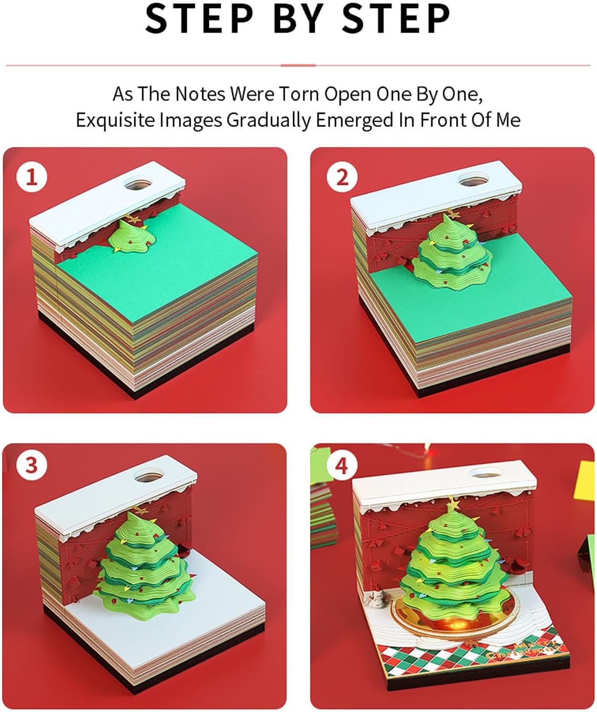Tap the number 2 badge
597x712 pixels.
pyautogui.click(x=342, y=177)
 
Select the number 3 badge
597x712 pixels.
pyautogui.click(x=32, y=465)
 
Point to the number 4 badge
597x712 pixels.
pyautogui.click(x=342, y=465)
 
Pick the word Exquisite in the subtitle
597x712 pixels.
pyautogui.click(x=115, y=120)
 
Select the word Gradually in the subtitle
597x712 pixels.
pyautogui.click(x=269, y=120)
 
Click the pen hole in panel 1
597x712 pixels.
pyautogui.click(x=138, y=184)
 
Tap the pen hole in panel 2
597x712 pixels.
pyautogui.click(x=473, y=180)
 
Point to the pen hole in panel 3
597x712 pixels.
pyautogui.click(x=148, y=476)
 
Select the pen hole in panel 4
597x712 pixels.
pyautogui.click(x=486, y=473)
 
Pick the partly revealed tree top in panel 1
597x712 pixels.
pyautogui.click(x=131, y=236)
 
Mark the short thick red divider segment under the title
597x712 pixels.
pyautogui.click(x=298, y=65)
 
